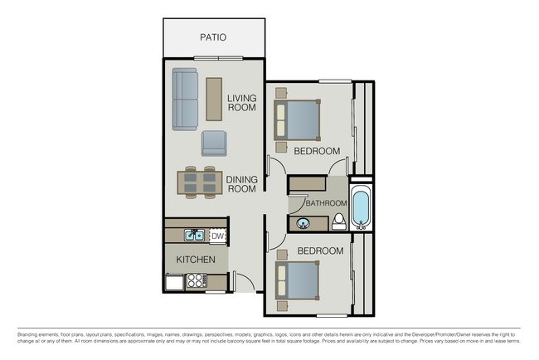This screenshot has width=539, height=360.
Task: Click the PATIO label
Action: tap(213, 37)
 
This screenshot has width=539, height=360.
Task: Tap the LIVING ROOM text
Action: tap(241, 103)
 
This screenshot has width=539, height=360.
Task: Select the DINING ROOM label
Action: tap(241, 183)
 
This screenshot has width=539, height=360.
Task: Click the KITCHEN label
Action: tap(196, 260)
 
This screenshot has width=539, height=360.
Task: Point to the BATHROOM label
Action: tap(325, 203)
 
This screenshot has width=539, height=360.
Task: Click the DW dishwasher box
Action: tap(217, 236)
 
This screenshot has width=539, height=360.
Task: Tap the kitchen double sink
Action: tap(194, 236)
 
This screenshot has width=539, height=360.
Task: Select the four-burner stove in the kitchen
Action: tap(196, 281)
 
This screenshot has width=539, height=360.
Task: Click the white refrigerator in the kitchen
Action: tap(174, 282)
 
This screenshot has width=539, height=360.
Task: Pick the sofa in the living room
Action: tap(185, 100)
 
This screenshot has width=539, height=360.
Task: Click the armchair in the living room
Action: tap(214, 143)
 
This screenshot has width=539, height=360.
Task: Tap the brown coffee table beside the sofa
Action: tap(214, 99)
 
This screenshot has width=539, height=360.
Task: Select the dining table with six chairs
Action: tap(200, 183)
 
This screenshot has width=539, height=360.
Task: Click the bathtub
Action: tap(361, 208)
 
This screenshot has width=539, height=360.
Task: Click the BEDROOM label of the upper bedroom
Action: tap(318, 151)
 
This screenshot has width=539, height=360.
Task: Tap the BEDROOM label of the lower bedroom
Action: tap(320, 251)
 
